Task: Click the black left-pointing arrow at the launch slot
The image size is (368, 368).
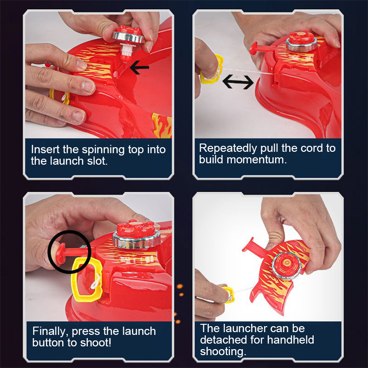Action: [139, 68]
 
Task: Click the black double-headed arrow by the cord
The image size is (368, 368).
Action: [238, 82]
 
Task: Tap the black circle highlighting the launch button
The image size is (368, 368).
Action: [70, 252]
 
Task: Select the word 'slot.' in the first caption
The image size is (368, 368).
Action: [98, 161]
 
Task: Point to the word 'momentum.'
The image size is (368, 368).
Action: [257, 160]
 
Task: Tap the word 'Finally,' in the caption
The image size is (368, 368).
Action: [51, 332]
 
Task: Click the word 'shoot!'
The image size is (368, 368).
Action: [96, 343]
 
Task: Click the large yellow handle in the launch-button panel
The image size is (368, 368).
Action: [87, 279]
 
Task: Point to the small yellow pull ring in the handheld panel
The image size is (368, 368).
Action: [228, 295]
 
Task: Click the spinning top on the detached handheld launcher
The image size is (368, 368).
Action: [287, 265]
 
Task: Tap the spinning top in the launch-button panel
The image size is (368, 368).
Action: [136, 234]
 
